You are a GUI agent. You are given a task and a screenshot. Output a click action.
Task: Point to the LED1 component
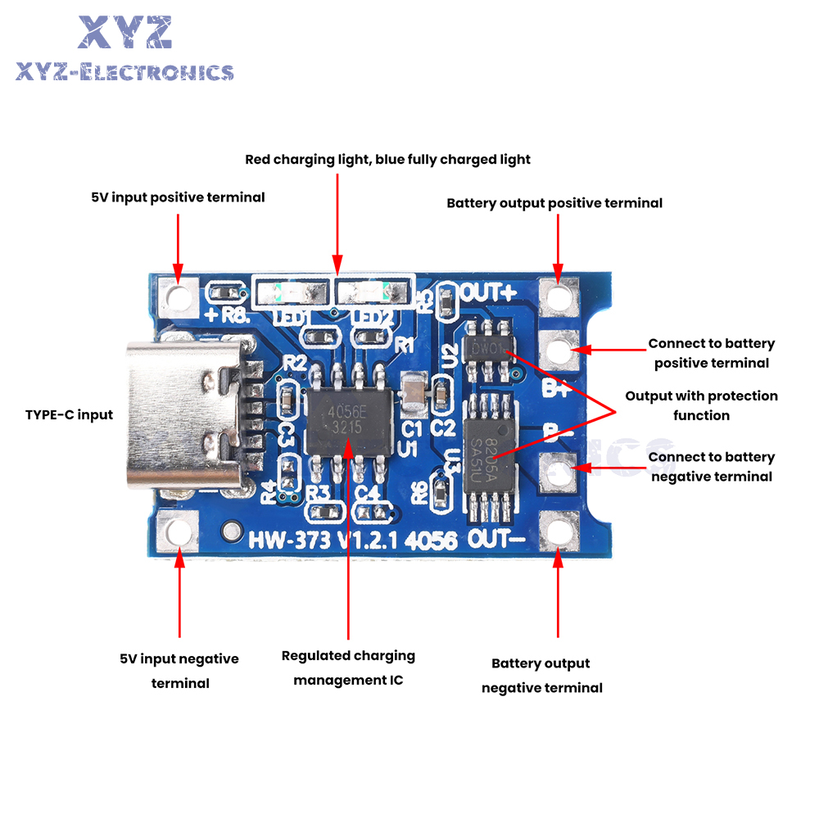292,292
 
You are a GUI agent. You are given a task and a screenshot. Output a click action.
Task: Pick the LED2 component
370,292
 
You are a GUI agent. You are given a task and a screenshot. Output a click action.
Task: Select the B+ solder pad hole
559,351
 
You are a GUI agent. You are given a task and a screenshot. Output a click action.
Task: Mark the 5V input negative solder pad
178,532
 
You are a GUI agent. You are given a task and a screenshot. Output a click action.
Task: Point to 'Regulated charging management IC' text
348,667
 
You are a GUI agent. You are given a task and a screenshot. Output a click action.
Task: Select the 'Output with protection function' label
701,405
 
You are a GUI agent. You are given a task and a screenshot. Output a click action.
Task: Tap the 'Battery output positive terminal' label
554,202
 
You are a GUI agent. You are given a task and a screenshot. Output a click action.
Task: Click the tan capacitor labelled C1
414,395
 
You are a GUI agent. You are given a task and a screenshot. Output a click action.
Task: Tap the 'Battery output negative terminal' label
541,676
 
